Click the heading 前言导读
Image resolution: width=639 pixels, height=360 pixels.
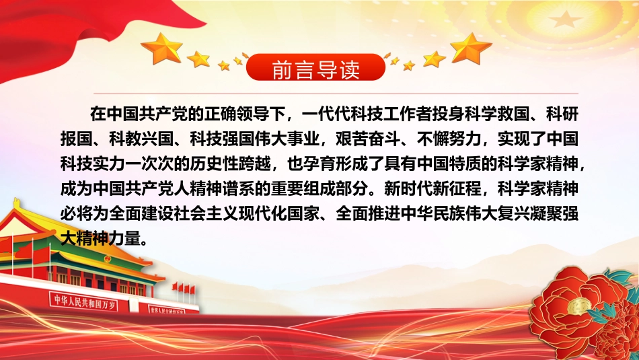tap(315, 69)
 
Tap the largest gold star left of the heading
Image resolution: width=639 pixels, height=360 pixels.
tap(162, 48)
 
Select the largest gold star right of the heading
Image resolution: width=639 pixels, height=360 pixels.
tap(471, 48)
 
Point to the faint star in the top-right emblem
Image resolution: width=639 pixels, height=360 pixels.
tap(565, 19)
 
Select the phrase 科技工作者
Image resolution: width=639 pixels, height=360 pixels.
tap(374, 114)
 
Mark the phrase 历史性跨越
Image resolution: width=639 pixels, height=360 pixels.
tap(231, 164)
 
